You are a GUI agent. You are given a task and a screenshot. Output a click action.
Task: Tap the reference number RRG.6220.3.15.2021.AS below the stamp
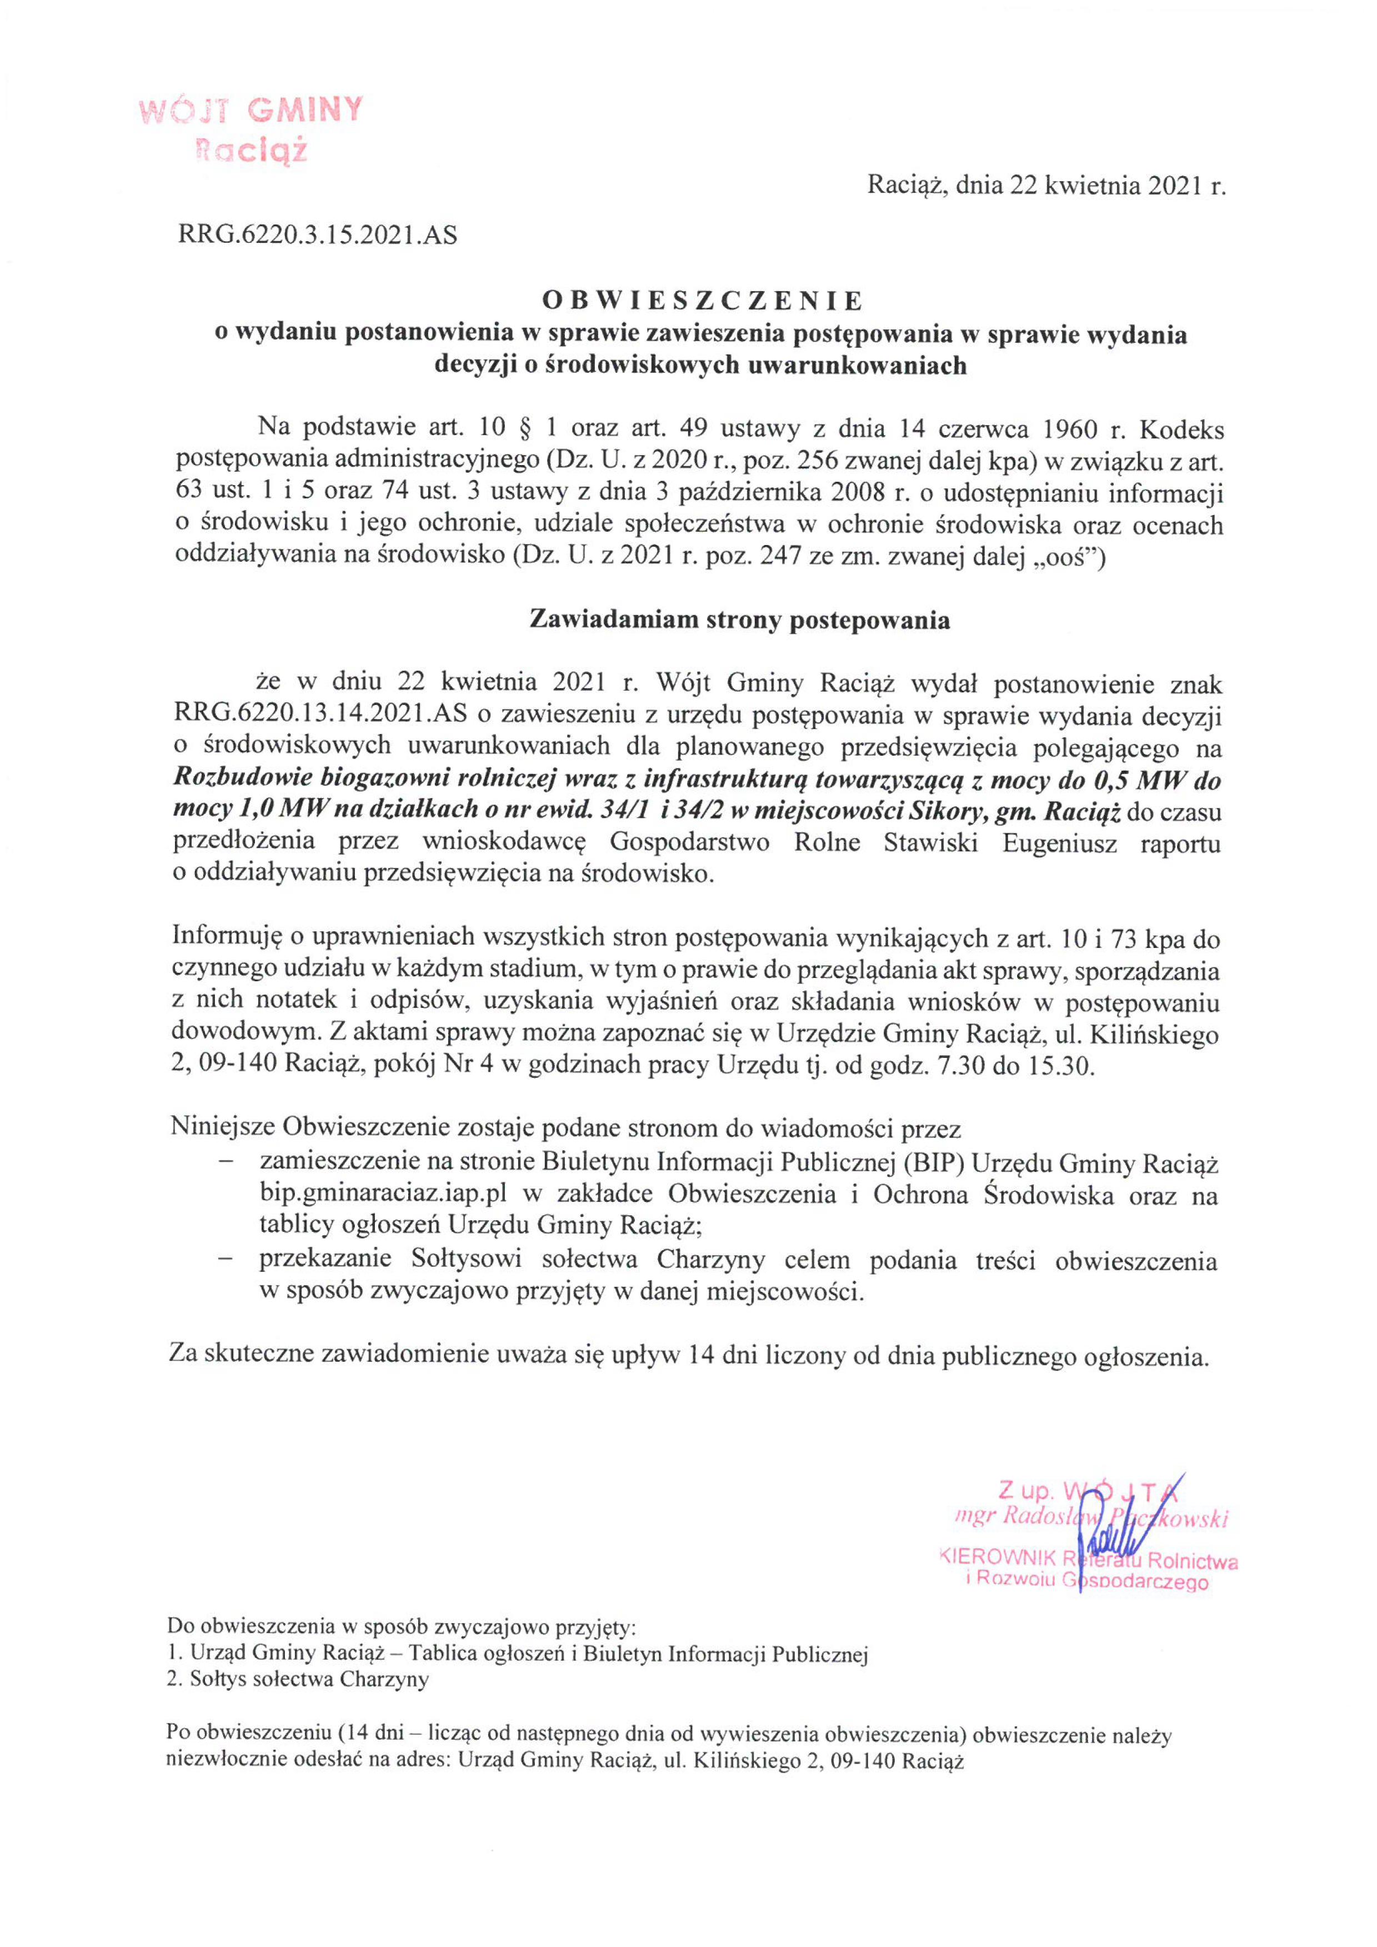(x=317, y=235)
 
